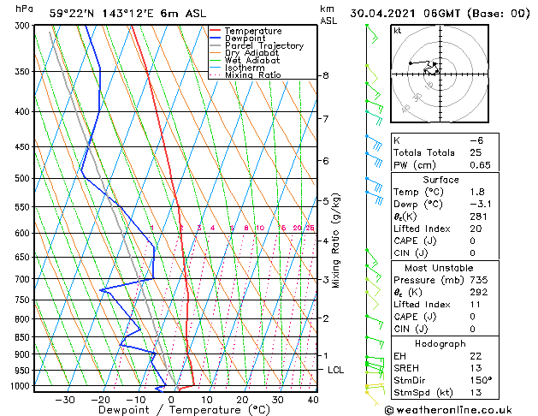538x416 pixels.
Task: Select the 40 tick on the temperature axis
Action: [x=313, y=399]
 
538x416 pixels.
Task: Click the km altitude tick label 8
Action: [x=325, y=75]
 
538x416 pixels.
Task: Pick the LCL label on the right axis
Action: [x=336, y=370]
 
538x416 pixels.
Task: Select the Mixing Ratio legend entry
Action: [x=252, y=75]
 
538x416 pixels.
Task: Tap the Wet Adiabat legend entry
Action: [x=251, y=61]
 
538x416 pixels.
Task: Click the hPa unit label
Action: [x=25, y=9]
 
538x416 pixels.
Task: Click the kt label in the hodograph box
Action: [x=398, y=31]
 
